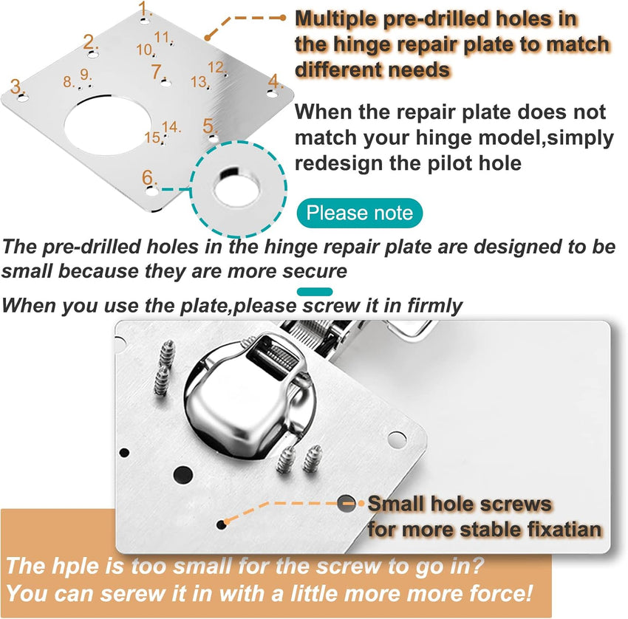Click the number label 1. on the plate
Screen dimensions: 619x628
pyautogui.click(x=146, y=10)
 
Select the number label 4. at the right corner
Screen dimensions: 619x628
pyautogui.click(x=276, y=81)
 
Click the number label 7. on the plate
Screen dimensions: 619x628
pyautogui.click(x=156, y=72)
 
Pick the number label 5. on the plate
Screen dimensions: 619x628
pyautogui.click(x=210, y=126)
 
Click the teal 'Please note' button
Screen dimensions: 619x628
pyautogui.click(x=360, y=213)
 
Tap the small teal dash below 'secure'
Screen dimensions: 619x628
pyautogui.click(x=314, y=291)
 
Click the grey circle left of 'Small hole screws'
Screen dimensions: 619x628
pyautogui.click(x=346, y=505)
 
